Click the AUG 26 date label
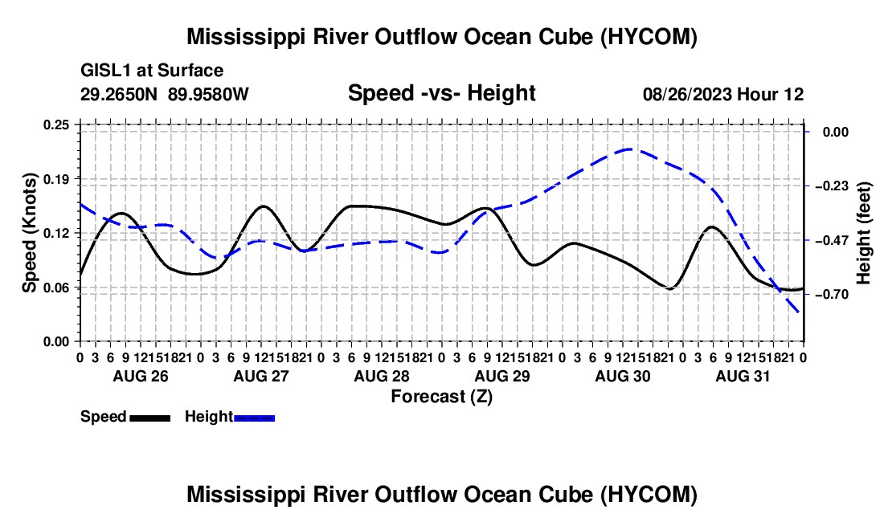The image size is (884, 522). (x=141, y=376)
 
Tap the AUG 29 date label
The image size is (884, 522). (x=502, y=376)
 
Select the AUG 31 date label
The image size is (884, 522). (x=743, y=376)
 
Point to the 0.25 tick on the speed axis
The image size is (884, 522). (x=56, y=124)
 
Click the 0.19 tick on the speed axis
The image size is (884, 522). (x=56, y=179)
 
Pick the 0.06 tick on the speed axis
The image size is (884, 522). (x=56, y=288)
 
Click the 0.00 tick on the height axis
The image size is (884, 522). (x=836, y=132)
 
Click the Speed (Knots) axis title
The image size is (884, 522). (x=29, y=233)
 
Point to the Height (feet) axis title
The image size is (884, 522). (x=863, y=233)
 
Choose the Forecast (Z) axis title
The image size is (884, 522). (x=442, y=397)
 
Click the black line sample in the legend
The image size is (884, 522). (x=150, y=418)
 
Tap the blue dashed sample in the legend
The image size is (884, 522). (x=254, y=418)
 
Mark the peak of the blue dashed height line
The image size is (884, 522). (x=629, y=149)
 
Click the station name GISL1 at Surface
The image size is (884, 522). (x=152, y=71)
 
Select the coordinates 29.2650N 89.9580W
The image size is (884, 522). (x=165, y=94)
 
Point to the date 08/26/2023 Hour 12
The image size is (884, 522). (x=723, y=94)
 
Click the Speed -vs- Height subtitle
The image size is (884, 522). (x=441, y=93)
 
